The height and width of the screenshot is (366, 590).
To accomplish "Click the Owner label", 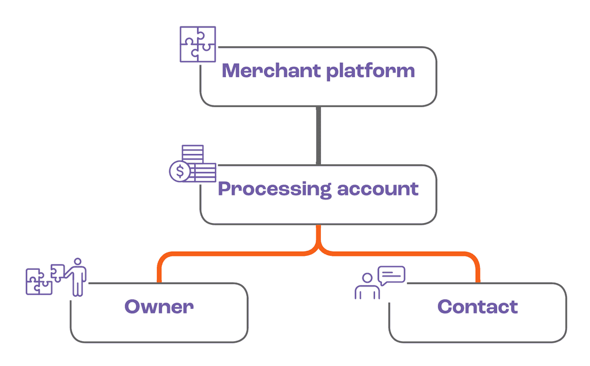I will coord(159,307).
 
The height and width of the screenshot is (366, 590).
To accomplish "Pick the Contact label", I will coord(478,307).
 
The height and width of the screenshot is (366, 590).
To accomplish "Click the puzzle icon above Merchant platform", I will coord(198,44).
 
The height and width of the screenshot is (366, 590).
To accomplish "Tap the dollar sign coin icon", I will coord(180,171).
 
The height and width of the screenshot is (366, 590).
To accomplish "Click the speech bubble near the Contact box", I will coord(391,275).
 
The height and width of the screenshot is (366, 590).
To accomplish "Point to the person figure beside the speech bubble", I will coord(366,286).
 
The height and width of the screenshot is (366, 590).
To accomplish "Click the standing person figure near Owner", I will coord(78,277).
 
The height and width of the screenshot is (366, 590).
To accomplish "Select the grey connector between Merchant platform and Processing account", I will coord(318,135).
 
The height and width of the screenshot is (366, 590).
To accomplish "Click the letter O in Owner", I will coord(134,307).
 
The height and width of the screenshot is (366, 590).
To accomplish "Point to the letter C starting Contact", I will coord(445,307).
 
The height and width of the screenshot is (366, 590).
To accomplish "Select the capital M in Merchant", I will coord(232,71).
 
